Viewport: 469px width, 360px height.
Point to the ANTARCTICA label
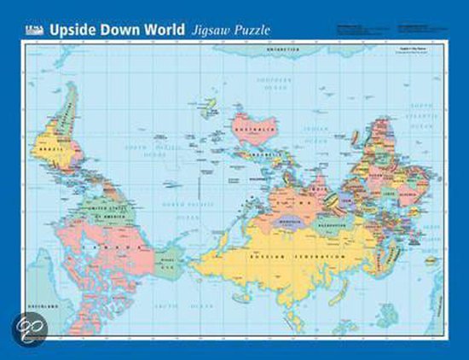pyautogui.click(x=281, y=49)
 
